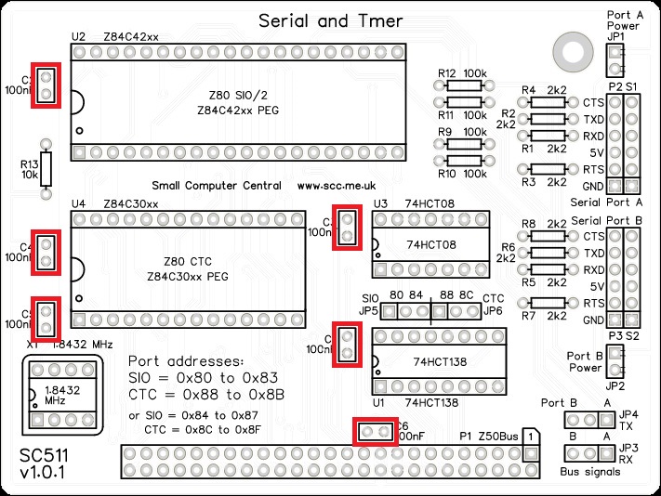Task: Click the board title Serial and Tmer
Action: pos(330,20)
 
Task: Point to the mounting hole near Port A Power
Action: pos(566,47)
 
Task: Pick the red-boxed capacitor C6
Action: pos(376,432)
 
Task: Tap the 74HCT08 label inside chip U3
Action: pos(431,245)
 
